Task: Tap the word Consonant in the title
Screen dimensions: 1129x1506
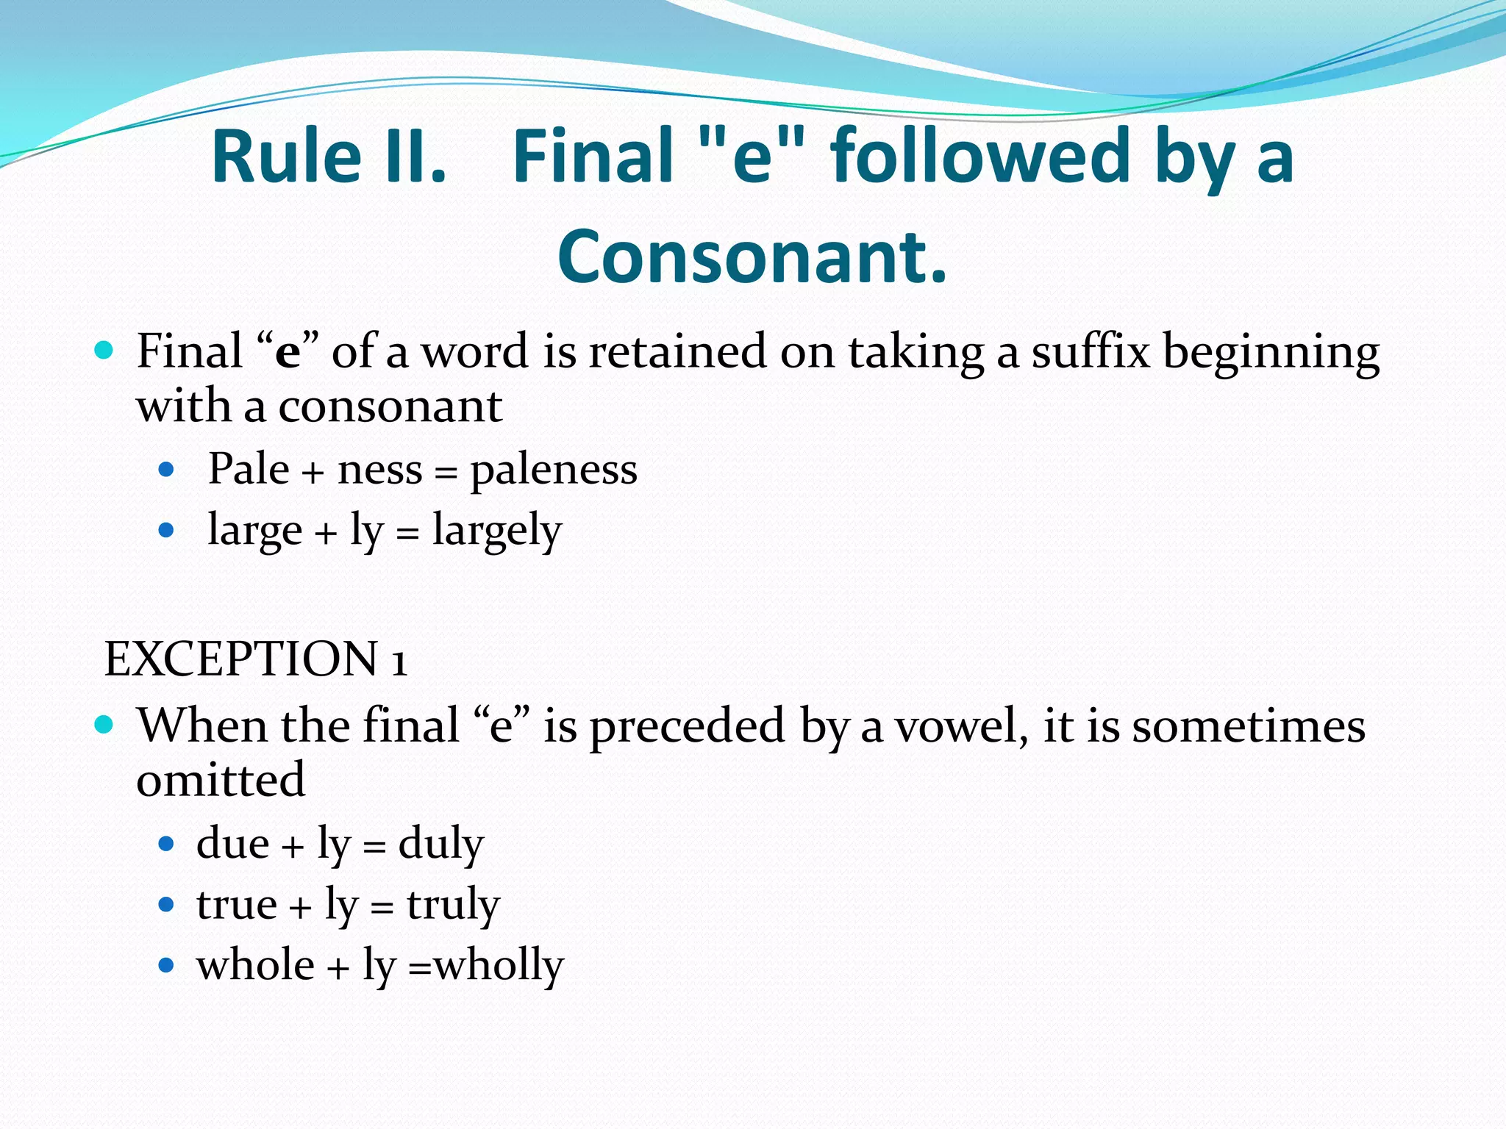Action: point(752,257)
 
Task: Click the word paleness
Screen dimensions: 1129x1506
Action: point(554,470)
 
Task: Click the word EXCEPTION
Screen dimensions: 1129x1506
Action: point(241,659)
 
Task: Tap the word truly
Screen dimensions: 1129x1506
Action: point(454,905)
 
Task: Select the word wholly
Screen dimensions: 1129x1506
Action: point(499,966)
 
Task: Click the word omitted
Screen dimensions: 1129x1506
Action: point(221,780)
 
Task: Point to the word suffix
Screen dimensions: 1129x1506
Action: point(1091,351)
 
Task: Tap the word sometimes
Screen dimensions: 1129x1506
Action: point(1248,726)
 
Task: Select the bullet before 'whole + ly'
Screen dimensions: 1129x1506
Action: point(166,965)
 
